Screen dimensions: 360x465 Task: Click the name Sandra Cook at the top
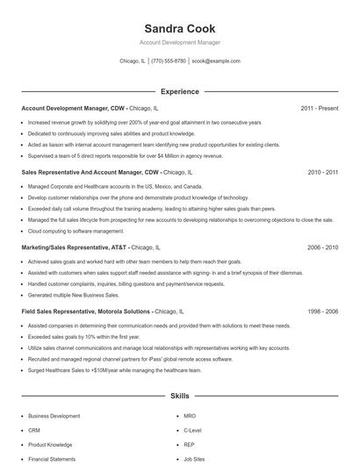click(x=179, y=28)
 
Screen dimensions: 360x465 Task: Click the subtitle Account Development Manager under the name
click(x=179, y=42)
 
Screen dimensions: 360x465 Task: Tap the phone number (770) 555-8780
click(x=169, y=61)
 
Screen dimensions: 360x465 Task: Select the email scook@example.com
click(x=215, y=61)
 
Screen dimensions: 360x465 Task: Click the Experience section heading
click(x=179, y=91)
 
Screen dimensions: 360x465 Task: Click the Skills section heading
click(x=179, y=397)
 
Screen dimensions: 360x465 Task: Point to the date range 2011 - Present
click(x=319, y=108)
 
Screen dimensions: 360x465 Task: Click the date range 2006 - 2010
click(x=322, y=248)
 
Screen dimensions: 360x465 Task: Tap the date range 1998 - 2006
click(x=322, y=311)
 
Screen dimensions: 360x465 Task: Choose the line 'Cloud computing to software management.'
click(x=76, y=231)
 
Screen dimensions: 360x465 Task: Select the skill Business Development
click(x=54, y=415)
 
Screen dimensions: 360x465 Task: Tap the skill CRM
click(x=34, y=431)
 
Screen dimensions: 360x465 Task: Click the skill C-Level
click(x=192, y=431)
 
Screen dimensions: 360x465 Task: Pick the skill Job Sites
click(x=194, y=459)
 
